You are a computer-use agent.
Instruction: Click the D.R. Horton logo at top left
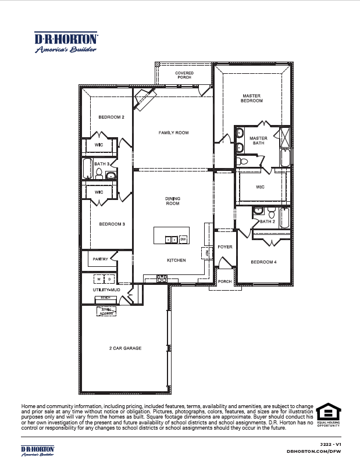[66, 42]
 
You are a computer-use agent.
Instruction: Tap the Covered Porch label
[184, 76]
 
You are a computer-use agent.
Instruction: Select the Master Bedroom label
[251, 98]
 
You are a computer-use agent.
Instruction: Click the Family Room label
[173, 133]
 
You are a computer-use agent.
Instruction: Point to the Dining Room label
[172, 201]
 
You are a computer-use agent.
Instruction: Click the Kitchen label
[176, 260]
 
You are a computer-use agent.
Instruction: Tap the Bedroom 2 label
[111, 117]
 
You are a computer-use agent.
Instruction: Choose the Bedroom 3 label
[111, 224]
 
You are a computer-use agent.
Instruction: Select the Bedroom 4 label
[263, 262]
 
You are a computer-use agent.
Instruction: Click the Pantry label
[101, 259]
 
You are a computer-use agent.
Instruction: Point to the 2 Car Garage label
[125, 348]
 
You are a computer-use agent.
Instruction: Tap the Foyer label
[224, 247]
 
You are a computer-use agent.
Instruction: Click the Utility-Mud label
[106, 289]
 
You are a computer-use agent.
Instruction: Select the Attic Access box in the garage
[106, 311]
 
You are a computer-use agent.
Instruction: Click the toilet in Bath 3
[99, 172]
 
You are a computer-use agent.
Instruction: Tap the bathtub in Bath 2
[284, 218]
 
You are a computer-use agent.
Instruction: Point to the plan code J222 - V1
[329, 443]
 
